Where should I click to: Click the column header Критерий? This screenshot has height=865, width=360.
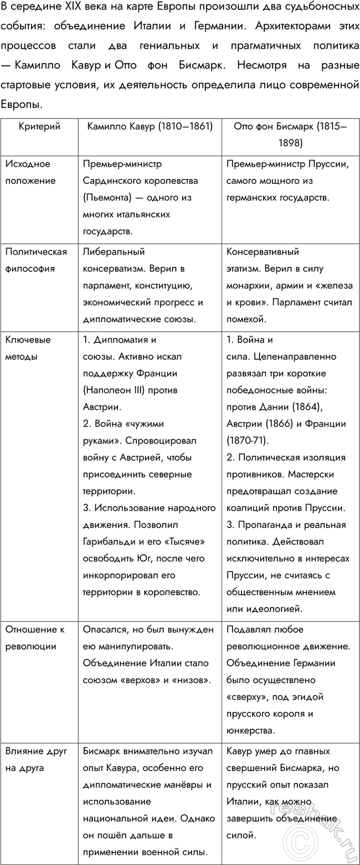click(x=39, y=127)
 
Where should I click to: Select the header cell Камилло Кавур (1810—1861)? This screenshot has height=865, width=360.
click(x=150, y=127)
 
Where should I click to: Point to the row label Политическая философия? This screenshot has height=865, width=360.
click(x=36, y=260)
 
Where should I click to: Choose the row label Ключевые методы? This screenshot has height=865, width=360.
click(x=28, y=348)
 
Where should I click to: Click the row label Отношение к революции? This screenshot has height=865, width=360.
click(x=35, y=637)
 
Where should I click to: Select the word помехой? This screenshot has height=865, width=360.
click(x=246, y=319)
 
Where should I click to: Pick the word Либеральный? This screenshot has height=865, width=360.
click(x=114, y=252)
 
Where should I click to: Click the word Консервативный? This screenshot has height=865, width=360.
click(x=263, y=252)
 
